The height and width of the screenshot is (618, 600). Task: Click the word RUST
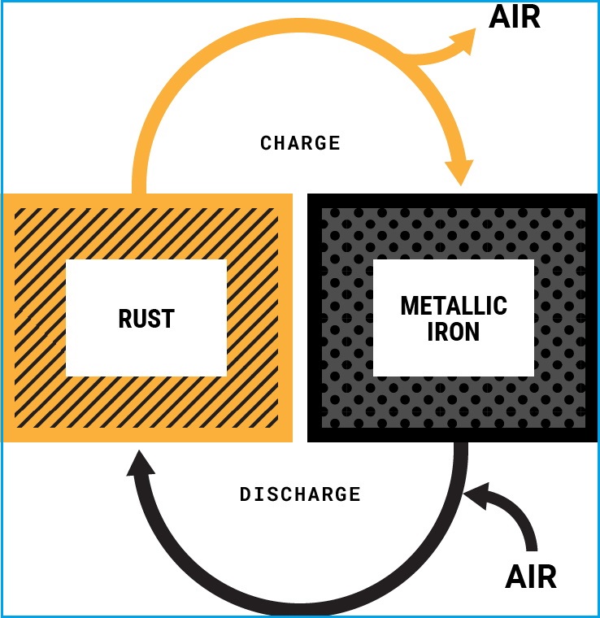pyautogui.click(x=146, y=319)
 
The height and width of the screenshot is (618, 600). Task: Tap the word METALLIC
pyautogui.click(x=454, y=307)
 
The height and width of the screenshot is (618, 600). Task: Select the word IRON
pyautogui.click(x=454, y=333)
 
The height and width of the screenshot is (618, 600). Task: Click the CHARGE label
pyautogui.click(x=300, y=143)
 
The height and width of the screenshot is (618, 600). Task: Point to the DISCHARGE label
pyautogui.click(x=300, y=494)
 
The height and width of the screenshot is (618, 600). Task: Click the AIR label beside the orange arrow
pyautogui.click(x=514, y=17)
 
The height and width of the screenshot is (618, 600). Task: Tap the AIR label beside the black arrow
pyautogui.click(x=531, y=577)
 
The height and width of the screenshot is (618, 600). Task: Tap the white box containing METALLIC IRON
pyautogui.click(x=454, y=358)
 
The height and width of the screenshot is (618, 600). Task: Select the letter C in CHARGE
pyautogui.click(x=266, y=143)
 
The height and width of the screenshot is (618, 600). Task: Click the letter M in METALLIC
pyautogui.click(x=409, y=307)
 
